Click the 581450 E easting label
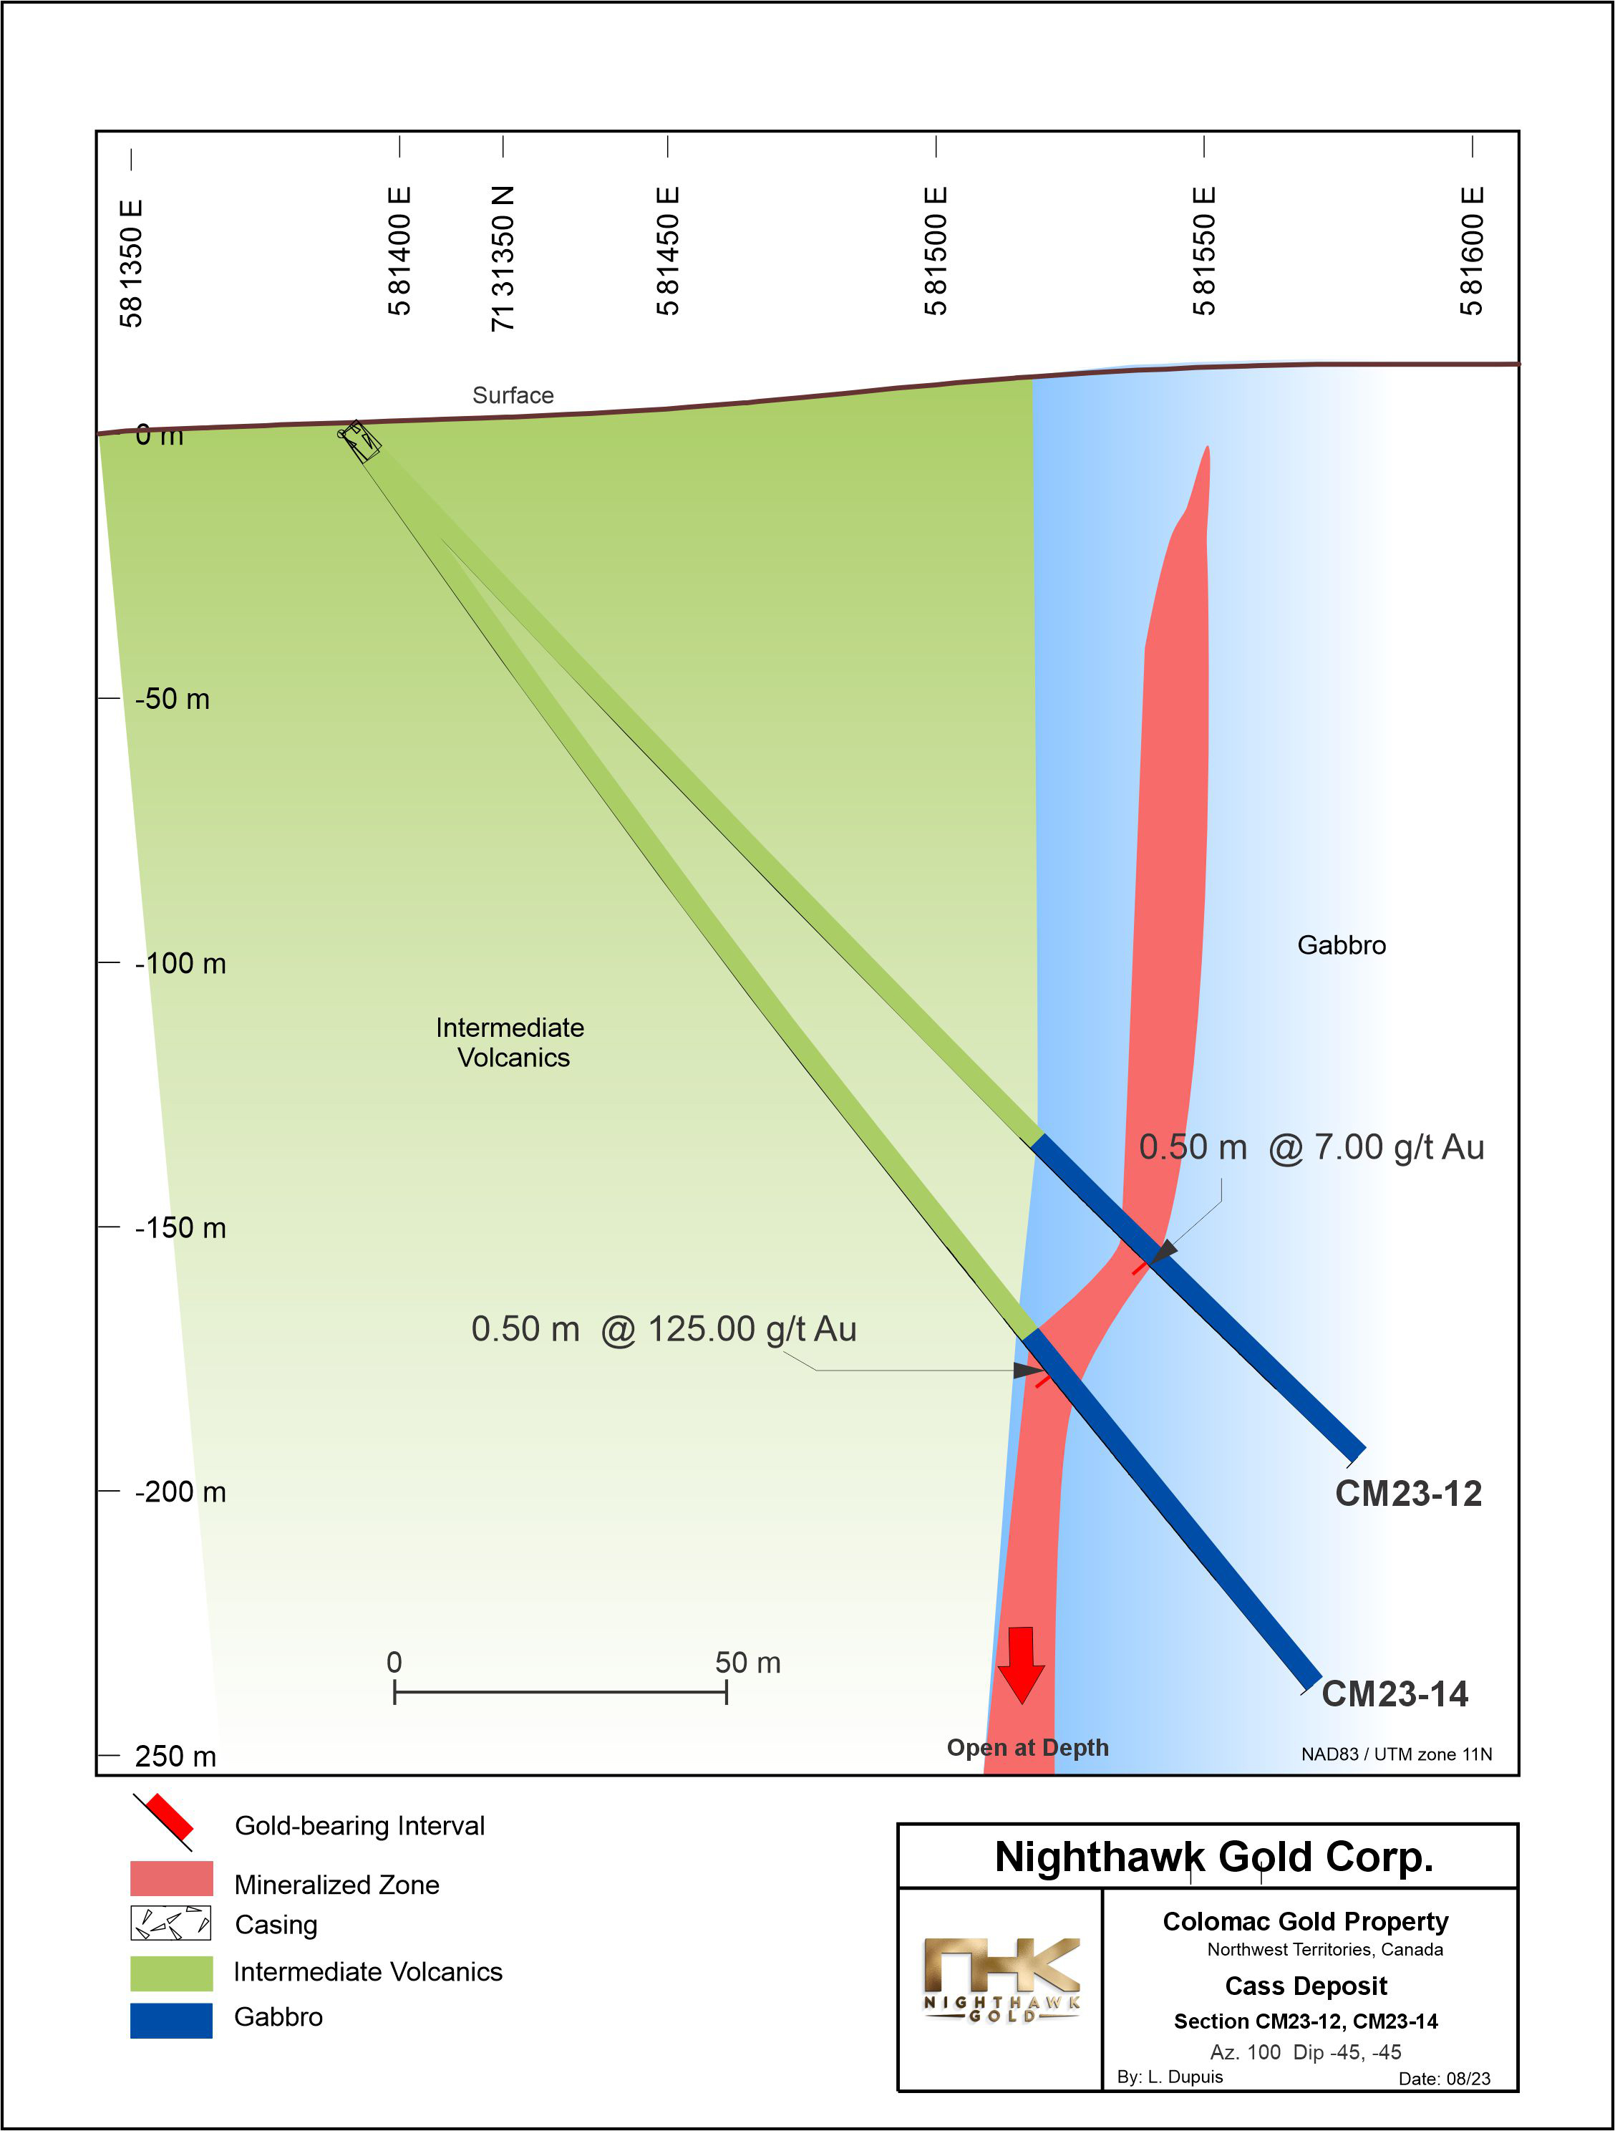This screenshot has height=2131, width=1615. coord(667,251)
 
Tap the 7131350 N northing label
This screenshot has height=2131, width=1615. coord(503,258)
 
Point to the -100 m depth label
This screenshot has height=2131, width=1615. coord(180,963)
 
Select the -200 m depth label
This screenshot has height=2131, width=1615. coord(180,1492)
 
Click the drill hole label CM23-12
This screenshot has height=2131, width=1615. coord(1408,1493)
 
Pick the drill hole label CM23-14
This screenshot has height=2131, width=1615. coord(1394,1693)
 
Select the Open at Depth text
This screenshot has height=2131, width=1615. coord(1027,1748)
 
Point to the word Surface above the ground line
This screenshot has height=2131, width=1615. coord(513,395)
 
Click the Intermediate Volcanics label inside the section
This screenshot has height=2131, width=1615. coord(510,1043)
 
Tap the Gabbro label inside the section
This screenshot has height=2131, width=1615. coord(1342,945)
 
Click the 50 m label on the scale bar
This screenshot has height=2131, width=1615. coord(747,1663)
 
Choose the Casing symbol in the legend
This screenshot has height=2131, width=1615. coord(170,1924)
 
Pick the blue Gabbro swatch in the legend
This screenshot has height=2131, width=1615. coord(170,2020)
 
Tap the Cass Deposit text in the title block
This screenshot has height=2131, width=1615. coord(1306,1986)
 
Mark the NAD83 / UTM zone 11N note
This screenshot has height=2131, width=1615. coord(1397,1754)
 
